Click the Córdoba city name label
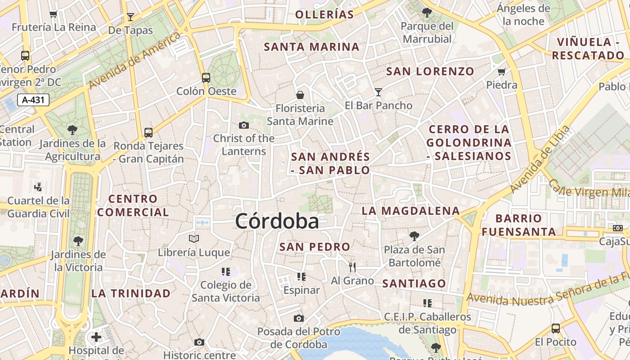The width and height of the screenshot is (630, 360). [277, 221]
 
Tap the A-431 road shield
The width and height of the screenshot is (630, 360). [33, 100]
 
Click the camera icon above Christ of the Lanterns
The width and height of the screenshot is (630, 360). [244, 125]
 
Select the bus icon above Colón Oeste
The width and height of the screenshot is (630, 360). [206, 78]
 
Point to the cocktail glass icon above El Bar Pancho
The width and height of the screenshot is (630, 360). [378, 92]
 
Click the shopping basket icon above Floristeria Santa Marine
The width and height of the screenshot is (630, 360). [300, 95]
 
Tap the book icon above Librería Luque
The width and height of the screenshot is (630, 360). [194, 238]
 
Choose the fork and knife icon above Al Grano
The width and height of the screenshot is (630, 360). [352, 267]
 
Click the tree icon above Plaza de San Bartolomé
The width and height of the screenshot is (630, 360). [414, 236]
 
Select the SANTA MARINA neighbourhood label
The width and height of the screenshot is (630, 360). [311, 47]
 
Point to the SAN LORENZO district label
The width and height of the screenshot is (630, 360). [430, 71]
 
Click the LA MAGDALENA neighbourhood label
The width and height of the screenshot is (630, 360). [411, 211]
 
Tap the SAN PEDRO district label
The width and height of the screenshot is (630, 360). [315, 247]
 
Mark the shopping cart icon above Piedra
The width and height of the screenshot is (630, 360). [502, 72]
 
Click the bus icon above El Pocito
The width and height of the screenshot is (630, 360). [556, 328]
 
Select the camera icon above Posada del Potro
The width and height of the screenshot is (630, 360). [299, 319]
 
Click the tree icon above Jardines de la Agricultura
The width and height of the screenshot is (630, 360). [72, 130]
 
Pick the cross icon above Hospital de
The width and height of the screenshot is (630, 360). [96, 337]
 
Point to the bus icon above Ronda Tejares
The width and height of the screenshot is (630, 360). [148, 133]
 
